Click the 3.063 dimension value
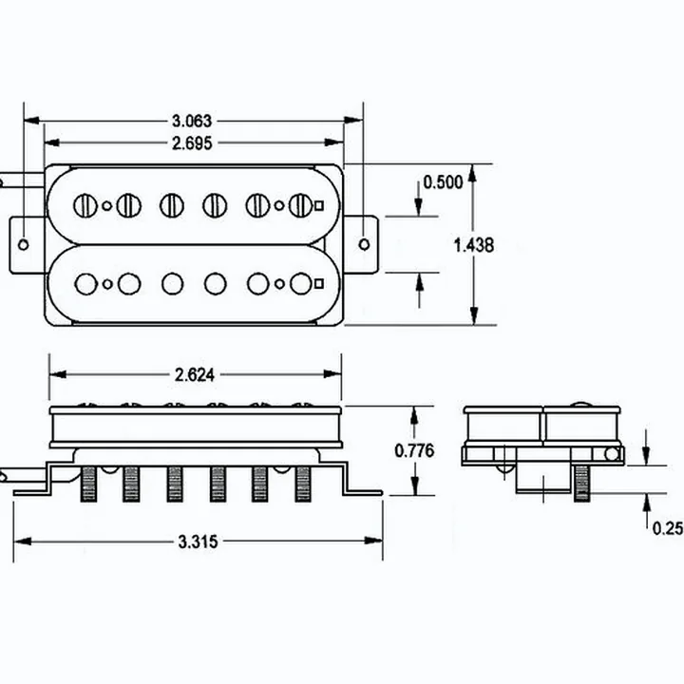point(192,121)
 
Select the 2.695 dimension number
point(192,143)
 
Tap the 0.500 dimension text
point(444,182)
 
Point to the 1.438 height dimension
point(474,245)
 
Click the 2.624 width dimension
point(195,374)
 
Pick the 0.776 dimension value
point(414,450)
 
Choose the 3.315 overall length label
point(198,541)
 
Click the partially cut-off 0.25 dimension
point(668,528)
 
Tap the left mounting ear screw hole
point(23,244)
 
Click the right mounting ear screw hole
point(364,244)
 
